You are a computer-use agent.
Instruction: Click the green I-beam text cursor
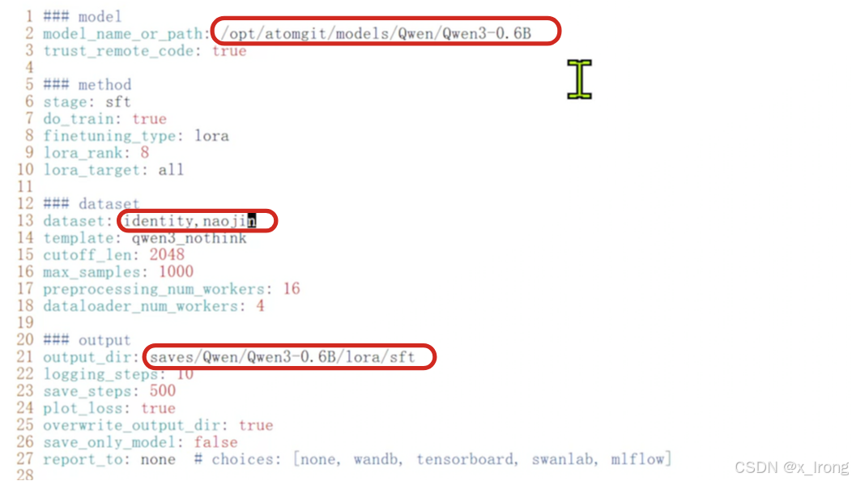[x=579, y=79]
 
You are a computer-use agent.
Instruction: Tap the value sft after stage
[x=118, y=102]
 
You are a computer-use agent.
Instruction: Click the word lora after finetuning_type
[x=211, y=135]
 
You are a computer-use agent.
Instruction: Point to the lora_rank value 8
[x=145, y=152]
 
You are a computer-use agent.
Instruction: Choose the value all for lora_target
[x=172, y=169]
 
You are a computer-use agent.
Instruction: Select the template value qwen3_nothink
[x=189, y=238]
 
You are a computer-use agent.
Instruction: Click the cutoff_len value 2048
[x=167, y=255]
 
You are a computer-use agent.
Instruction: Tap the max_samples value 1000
[x=176, y=272]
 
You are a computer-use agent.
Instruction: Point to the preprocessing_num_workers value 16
[x=291, y=289]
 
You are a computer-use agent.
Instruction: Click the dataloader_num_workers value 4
[x=260, y=306]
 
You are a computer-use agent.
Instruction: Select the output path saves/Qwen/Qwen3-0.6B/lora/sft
[x=283, y=357]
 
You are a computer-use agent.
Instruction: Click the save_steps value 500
[x=163, y=391]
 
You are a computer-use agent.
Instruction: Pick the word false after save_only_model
[x=215, y=442]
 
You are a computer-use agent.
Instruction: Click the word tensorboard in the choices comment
[x=466, y=459]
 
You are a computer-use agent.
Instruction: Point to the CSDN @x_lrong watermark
[x=790, y=467]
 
